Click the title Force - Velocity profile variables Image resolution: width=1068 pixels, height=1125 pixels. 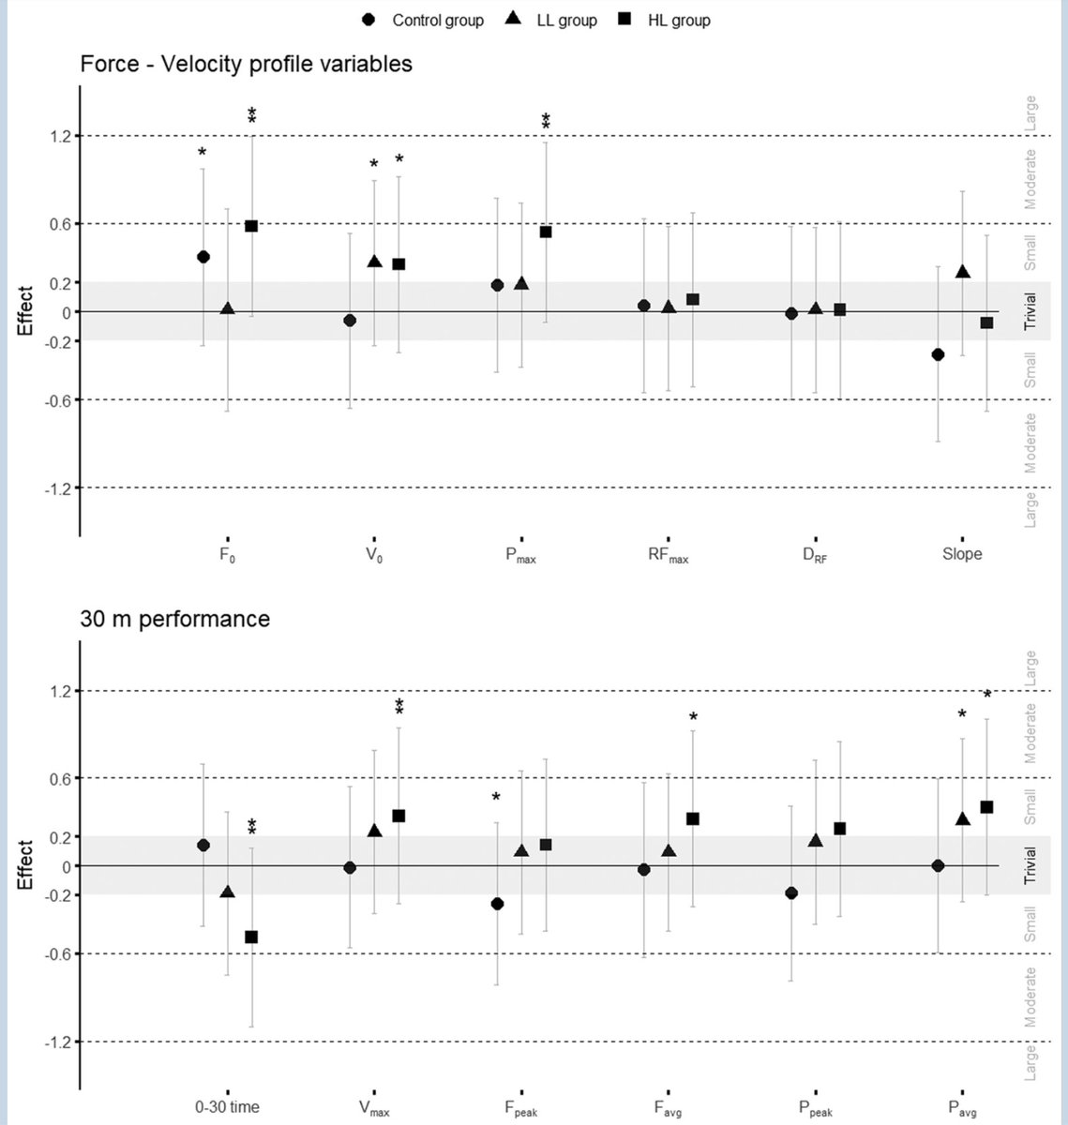point(246,64)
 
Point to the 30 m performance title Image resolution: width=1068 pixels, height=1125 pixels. point(175,619)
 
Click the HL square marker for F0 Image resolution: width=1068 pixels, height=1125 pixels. point(251,226)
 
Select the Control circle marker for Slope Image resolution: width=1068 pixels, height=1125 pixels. point(937,354)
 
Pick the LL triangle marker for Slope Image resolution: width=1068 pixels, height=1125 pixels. point(962,272)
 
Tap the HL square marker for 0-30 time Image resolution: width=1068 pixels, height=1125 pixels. point(251,937)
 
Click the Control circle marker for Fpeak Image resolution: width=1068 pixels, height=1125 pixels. point(497,904)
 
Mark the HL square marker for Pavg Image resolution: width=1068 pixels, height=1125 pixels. point(986,807)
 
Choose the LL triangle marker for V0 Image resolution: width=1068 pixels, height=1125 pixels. point(374,262)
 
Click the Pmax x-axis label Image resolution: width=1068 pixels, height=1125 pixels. point(520,555)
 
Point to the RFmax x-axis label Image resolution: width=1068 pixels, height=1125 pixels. point(668,555)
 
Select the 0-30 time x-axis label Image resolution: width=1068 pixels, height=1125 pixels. point(227,1107)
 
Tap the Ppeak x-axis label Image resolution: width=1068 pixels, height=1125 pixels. point(815,1108)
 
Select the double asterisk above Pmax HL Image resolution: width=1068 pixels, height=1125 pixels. point(546,122)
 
